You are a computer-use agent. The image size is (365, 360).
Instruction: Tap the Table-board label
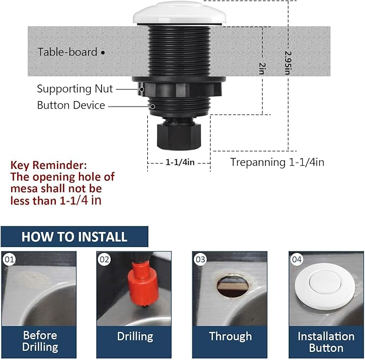67,52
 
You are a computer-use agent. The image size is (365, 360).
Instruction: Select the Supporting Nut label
75,89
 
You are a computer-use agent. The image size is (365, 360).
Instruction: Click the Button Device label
70,105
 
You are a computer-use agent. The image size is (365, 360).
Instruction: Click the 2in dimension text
262,68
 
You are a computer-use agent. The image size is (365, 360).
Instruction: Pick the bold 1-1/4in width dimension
180,162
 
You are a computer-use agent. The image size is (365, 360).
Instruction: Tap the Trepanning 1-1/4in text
277,162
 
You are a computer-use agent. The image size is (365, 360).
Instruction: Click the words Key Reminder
48,165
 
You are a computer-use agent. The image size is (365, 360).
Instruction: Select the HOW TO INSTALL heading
74,237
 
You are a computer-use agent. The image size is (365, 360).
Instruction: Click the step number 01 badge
9,259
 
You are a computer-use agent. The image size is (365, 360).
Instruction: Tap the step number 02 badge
104,259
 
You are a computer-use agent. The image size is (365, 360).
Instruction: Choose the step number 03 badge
201,259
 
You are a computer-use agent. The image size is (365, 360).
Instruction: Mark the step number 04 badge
297,259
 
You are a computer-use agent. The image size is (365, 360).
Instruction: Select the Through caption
230,337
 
